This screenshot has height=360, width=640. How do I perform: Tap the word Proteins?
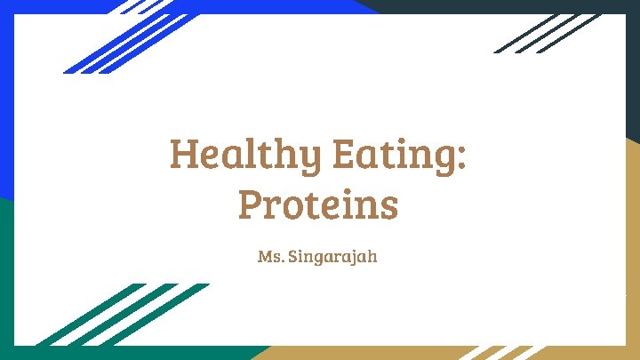318,205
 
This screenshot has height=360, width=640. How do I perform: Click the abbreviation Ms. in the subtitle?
269,258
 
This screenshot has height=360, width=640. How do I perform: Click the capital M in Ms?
264,258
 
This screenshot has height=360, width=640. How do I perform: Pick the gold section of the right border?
632,249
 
